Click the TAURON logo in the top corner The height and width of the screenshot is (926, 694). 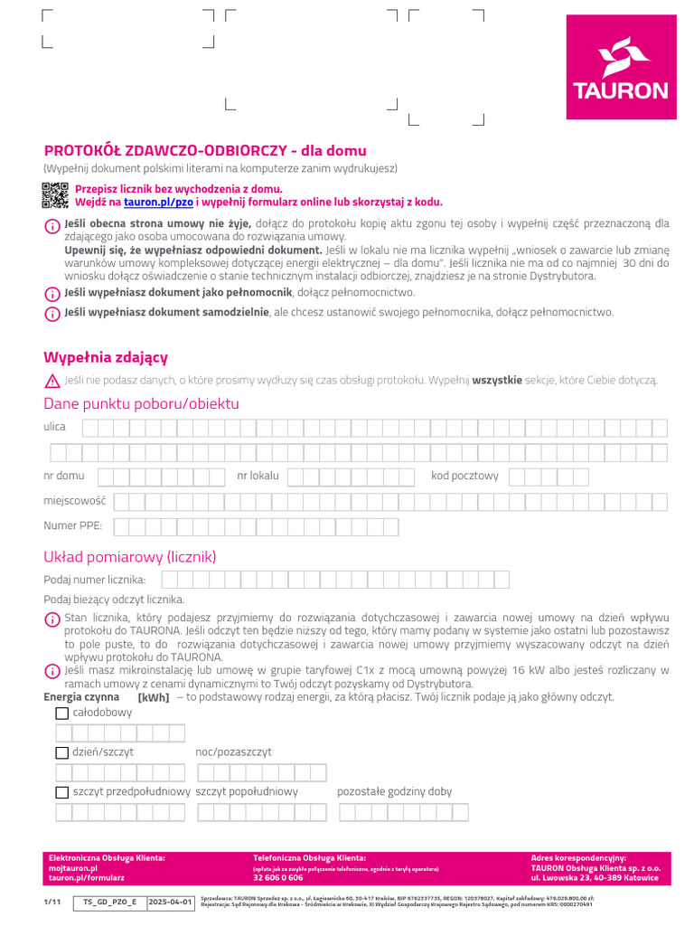pos(621,68)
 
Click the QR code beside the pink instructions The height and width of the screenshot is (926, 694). pos(55,194)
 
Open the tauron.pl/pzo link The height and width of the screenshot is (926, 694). pos(158,203)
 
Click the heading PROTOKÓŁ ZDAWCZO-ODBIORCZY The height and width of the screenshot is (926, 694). pos(205,150)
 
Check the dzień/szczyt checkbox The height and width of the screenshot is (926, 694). pos(61,752)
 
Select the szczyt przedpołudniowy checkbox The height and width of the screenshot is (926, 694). pos(61,792)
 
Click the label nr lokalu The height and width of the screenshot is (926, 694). pos(258,476)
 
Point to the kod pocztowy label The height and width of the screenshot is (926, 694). pos(464,476)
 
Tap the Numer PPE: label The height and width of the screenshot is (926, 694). pos(73,525)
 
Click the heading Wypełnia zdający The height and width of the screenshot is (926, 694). pos(106,357)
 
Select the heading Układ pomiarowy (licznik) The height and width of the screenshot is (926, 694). pos(130,556)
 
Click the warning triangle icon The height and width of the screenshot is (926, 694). pos(52,381)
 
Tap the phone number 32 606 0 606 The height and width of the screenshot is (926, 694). pos(278,878)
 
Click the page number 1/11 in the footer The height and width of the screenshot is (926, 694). pos(51,902)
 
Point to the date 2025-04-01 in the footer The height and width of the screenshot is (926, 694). pos(171,902)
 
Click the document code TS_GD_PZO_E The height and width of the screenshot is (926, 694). pos(109,902)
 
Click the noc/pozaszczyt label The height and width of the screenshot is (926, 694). pos(233,752)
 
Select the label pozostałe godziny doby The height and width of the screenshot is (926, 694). pos(394,792)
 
